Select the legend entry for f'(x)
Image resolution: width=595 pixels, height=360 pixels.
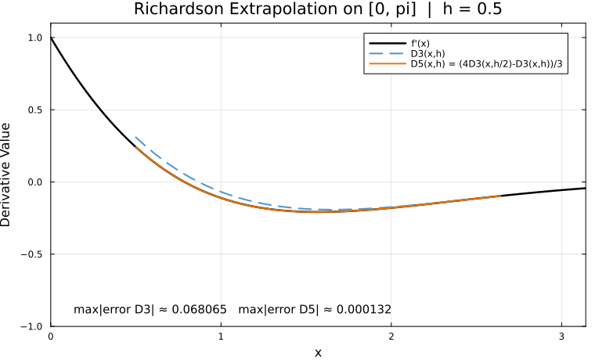422,41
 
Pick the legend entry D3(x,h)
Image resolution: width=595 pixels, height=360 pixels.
427,53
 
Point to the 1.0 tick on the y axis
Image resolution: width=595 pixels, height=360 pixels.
35,38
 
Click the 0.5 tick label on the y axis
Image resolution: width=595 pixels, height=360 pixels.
35,110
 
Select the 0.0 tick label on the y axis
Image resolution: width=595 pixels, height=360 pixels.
35,182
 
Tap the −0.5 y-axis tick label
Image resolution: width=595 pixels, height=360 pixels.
33,254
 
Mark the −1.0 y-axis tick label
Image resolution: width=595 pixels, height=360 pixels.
33,326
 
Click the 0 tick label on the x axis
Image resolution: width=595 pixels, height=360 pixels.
51,337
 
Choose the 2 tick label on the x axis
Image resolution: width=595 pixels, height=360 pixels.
391,337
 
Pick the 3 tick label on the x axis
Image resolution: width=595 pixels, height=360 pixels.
561,337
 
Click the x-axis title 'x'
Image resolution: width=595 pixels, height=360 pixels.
318,352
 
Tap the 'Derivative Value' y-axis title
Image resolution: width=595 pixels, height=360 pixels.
8,174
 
